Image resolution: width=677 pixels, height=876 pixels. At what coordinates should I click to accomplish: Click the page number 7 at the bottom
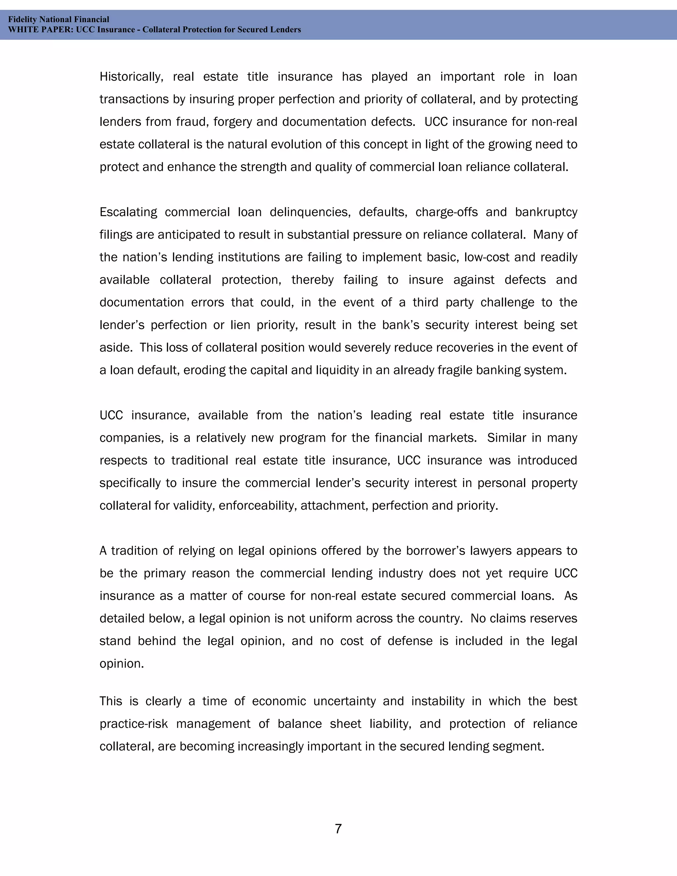(338, 828)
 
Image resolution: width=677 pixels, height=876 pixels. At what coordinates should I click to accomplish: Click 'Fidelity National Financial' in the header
(59, 19)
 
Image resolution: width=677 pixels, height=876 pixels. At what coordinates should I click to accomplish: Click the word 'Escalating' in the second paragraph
(128, 212)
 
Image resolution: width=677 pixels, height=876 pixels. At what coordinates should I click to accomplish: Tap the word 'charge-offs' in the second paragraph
(446, 212)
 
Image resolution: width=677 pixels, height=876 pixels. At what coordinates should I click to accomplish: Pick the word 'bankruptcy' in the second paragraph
(546, 212)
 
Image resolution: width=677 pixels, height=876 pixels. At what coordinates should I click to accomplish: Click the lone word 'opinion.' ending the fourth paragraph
(122, 663)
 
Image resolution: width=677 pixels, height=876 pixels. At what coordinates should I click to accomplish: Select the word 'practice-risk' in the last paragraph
(134, 724)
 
